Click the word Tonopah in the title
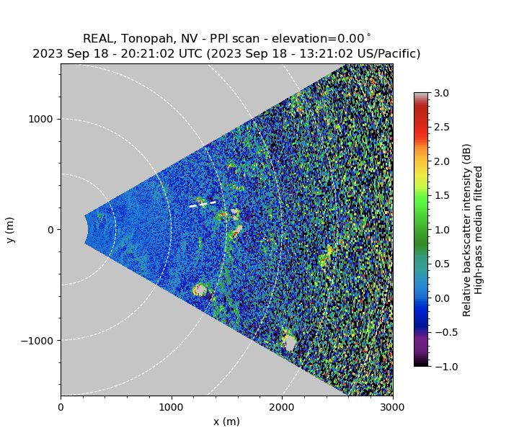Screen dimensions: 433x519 [141, 39]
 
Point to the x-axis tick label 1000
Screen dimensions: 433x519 [172, 407]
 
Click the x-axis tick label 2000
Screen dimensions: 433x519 [282, 407]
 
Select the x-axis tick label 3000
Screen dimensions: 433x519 [393, 407]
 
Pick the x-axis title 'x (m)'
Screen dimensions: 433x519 [226, 421]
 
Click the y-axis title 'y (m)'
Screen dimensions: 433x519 [10, 229]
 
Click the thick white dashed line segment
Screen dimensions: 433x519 [203, 204]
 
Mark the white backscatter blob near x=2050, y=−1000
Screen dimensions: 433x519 [289, 343]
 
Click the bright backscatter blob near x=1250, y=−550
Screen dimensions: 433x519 [200, 290]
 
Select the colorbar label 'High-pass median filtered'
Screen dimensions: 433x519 [478, 229]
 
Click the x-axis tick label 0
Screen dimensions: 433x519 [61, 407]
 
